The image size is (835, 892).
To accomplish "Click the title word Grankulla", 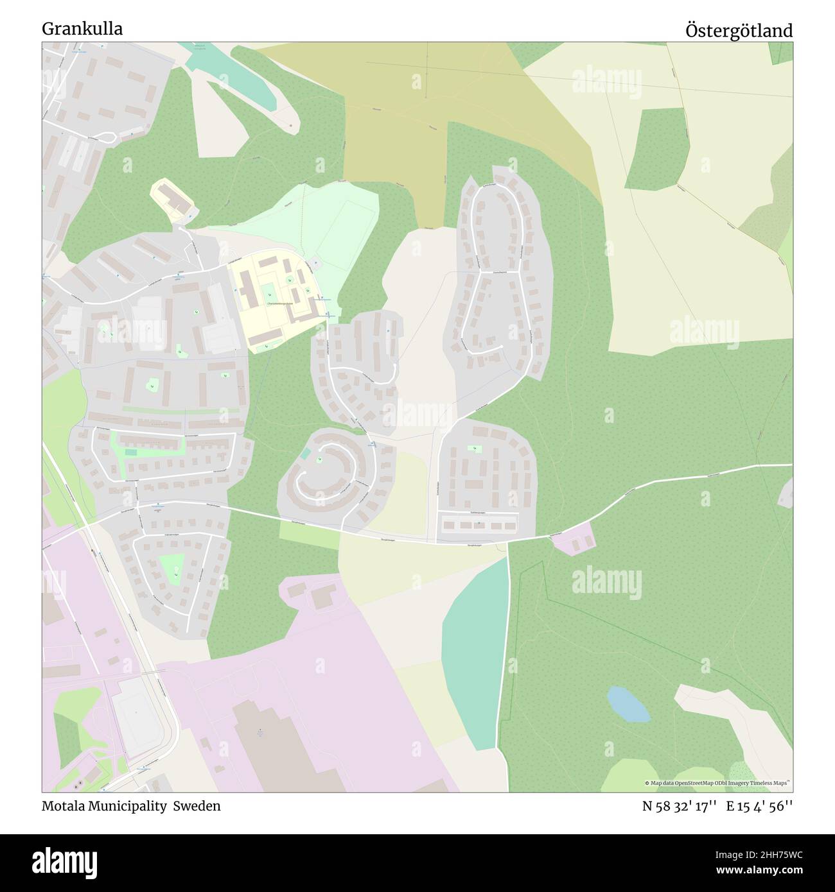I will [83, 29].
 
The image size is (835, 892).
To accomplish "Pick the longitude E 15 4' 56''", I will [760, 807].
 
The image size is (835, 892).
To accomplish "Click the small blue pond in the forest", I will [628, 704].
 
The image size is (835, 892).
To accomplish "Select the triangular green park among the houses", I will [172, 567].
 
